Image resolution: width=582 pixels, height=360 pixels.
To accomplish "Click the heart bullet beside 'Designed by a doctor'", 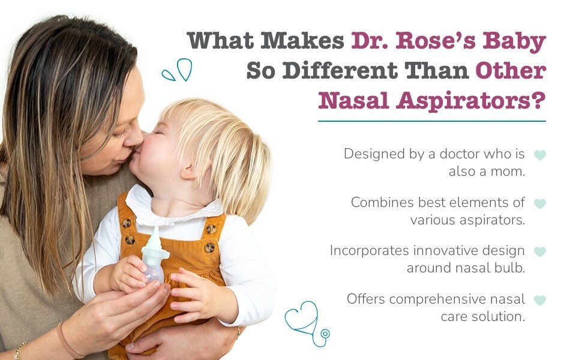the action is pyautogui.click(x=540, y=155).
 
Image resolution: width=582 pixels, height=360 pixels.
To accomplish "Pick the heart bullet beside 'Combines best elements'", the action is pyautogui.click(x=540, y=203).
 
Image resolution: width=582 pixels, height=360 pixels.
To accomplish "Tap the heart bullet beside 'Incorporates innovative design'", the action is pyautogui.click(x=540, y=251).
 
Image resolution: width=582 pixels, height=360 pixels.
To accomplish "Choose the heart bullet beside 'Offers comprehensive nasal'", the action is pyautogui.click(x=540, y=299).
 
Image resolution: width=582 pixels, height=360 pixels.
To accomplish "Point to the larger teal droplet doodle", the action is pyautogui.click(x=184, y=69).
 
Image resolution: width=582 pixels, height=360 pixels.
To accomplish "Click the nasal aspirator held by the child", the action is pyautogui.click(x=154, y=256).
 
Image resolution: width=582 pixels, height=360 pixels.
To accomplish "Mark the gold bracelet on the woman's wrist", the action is pyautogui.click(x=19, y=351).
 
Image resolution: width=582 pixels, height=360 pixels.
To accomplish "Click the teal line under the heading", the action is pyautogui.click(x=432, y=121).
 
